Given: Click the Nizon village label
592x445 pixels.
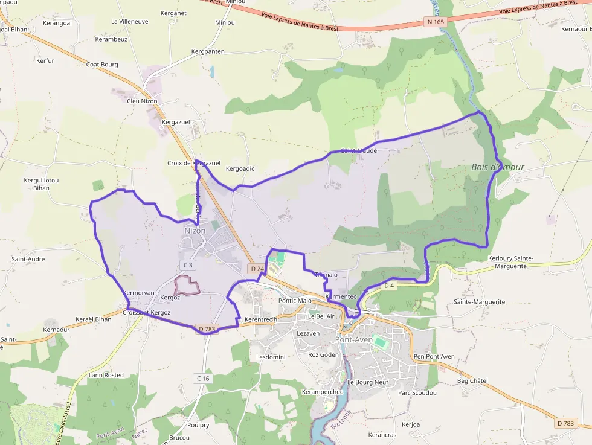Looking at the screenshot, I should (195, 231).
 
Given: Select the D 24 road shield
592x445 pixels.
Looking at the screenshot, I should (257, 268).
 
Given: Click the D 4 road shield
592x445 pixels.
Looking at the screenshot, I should (389, 285).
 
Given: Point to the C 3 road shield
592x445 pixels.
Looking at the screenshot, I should (188, 265).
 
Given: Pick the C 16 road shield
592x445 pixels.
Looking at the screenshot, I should (202, 378).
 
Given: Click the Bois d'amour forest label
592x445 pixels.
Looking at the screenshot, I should (498, 167).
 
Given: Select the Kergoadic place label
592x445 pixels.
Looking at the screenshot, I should (240, 169).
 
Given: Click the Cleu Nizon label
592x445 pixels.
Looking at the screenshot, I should (142, 101).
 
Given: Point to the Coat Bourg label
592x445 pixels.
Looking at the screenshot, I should (102, 64).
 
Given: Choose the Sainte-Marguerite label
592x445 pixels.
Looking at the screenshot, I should (479, 301).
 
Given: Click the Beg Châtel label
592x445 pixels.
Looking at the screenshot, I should (472, 380).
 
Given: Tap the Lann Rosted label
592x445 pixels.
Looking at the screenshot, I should (106, 375).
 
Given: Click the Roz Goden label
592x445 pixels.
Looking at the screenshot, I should (324, 354).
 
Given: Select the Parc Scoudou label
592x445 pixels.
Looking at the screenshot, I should (417, 392).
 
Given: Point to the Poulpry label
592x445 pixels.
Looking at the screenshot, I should (198, 425).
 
